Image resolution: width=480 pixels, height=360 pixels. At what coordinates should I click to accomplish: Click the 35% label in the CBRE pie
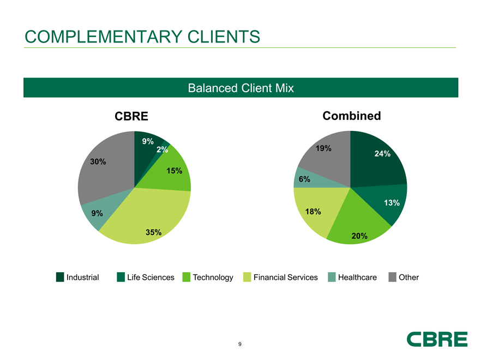pos(153,232)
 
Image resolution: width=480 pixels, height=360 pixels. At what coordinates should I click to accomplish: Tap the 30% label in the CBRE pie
pos(98,161)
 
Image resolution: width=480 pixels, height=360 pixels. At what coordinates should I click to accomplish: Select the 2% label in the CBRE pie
pos(161,149)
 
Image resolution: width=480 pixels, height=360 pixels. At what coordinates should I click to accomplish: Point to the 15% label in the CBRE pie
pos(174,171)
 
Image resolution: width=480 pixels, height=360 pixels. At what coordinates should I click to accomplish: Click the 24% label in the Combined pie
pos(382,154)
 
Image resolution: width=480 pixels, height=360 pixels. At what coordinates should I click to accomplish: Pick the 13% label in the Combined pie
pos(392,203)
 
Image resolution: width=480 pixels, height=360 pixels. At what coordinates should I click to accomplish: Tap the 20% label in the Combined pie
pos(359,236)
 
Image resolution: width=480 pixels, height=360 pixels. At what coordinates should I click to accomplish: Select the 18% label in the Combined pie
pos(313,211)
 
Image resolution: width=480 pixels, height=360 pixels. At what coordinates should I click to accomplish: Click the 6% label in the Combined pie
pos(304,179)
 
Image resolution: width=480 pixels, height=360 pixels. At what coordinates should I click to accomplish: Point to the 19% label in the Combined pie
pos(323,148)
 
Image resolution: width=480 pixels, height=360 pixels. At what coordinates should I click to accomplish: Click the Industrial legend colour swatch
pos(61,277)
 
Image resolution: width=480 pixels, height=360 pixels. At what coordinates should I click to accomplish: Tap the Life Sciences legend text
pos(151,277)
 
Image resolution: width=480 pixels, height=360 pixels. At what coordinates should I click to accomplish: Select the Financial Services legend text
pos(285,277)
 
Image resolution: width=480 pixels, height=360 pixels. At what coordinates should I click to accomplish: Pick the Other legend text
pos(409,277)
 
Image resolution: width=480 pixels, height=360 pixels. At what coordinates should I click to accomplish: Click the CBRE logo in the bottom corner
pos(437,339)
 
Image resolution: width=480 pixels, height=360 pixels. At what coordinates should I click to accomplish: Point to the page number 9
pos(240,344)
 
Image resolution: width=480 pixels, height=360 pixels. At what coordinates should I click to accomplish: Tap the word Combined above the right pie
pos(351,116)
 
